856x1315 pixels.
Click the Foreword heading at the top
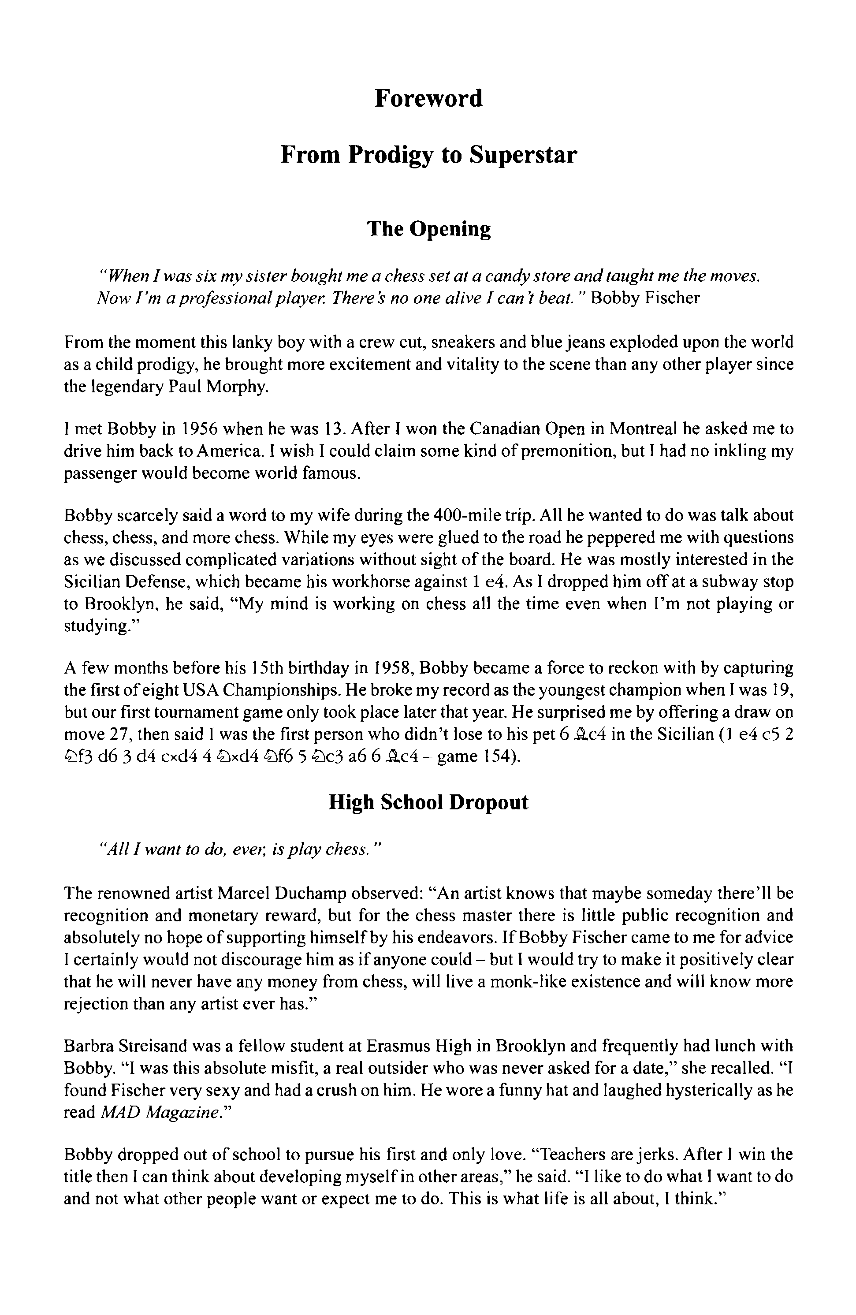pos(428,99)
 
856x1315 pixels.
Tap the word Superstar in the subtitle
pos(523,155)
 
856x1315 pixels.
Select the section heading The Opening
pos(429,228)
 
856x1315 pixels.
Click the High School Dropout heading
pos(428,802)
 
